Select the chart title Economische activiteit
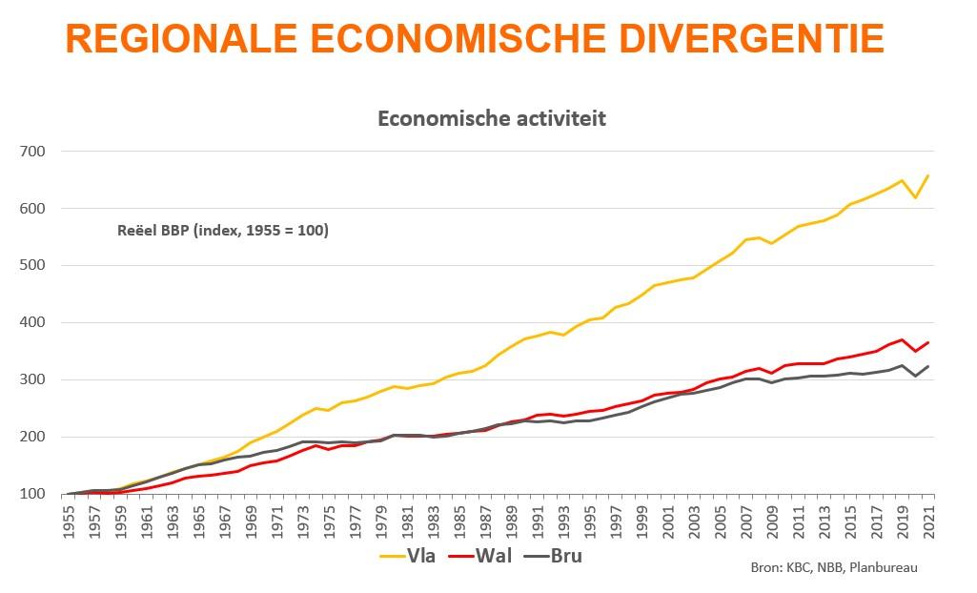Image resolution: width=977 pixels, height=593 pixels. (x=492, y=119)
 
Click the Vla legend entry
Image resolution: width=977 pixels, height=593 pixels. (x=407, y=555)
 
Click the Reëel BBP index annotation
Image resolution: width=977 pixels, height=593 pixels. (x=222, y=230)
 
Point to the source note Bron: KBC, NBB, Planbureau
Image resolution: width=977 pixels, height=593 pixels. (x=834, y=568)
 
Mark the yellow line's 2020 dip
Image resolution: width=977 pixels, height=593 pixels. (x=915, y=197)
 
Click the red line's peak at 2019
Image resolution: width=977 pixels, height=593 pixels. (x=902, y=339)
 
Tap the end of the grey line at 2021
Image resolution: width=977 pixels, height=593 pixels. (x=927, y=366)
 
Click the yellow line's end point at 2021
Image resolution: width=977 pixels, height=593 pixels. (x=927, y=175)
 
